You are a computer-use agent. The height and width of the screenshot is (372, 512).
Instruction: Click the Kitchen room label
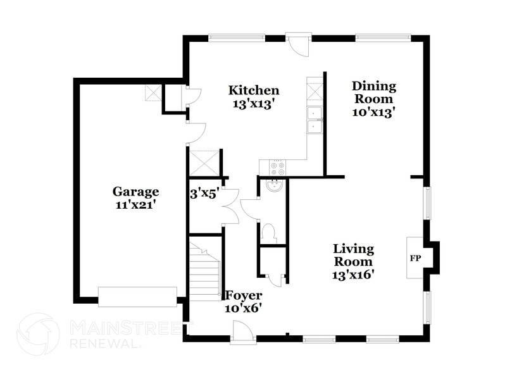point(253,90)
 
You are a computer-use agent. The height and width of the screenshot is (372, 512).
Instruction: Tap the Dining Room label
point(374,92)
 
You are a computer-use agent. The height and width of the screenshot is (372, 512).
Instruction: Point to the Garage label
point(135,192)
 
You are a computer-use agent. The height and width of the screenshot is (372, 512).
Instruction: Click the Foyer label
point(243,295)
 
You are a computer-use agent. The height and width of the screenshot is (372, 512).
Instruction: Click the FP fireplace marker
point(415,259)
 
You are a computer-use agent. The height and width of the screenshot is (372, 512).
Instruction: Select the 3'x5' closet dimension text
point(204,193)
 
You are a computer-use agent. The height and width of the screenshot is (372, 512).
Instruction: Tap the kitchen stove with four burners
point(278,168)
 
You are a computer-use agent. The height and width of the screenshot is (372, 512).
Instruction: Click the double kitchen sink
point(315,120)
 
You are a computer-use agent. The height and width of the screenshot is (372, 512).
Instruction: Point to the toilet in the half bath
point(269,232)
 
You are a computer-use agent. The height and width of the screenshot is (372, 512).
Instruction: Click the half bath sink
point(275,187)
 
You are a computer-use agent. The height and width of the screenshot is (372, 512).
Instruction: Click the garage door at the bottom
point(137,296)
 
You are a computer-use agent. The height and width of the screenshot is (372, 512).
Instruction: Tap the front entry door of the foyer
point(242,332)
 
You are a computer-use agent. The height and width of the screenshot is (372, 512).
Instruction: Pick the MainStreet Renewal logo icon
point(38,334)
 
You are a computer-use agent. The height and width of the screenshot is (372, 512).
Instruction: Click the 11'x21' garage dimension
point(135,204)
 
